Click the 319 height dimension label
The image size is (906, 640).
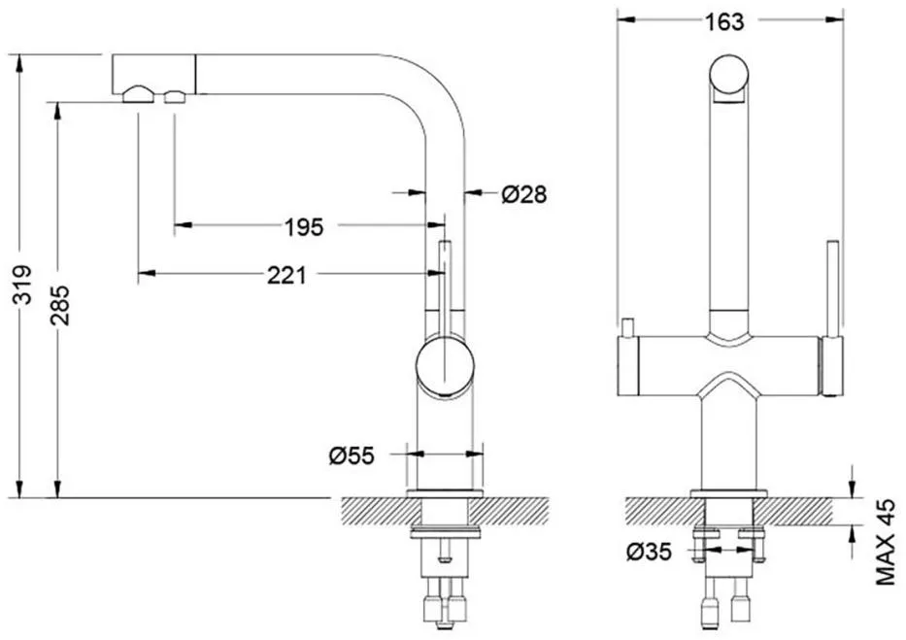coord(22,285)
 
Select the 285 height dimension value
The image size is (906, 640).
coord(59,305)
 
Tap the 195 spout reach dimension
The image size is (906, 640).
coord(304,227)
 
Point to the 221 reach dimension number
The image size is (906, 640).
coord(286,275)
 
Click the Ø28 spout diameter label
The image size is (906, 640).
coord(523,194)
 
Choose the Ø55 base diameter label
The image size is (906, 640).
coord(352,455)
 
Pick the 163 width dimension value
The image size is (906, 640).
coord(724,22)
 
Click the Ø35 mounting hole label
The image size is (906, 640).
coord(649,553)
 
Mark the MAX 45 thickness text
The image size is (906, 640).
coord(886,542)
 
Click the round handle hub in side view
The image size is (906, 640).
coord(445,368)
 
